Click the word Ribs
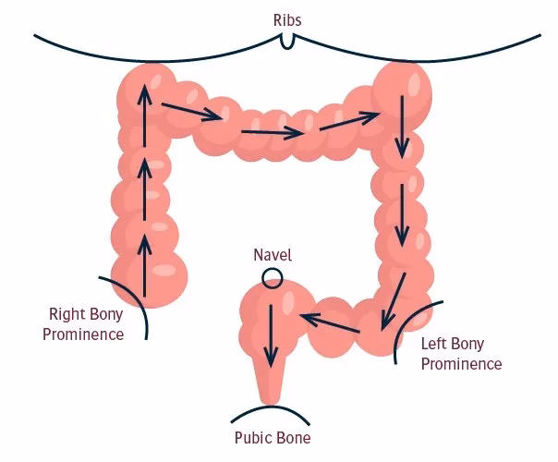[286, 18]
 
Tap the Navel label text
[273, 253]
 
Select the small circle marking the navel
[272, 276]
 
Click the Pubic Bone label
[272, 437]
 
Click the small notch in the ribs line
[288, 42]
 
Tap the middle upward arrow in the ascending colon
[144, 189]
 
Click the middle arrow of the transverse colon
[272, 133]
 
